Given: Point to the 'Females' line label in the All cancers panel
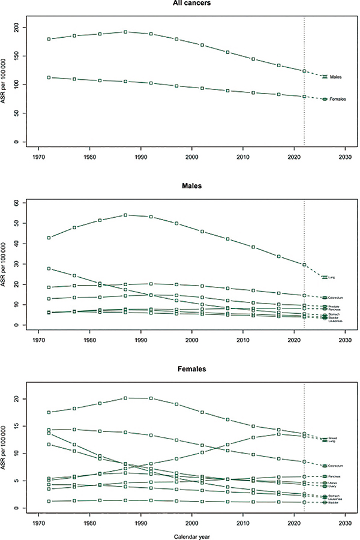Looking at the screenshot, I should click(x=338, y=99).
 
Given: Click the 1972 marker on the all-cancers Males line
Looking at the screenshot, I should click(x=40, y=39).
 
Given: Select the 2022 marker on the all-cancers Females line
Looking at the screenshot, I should click(x=304, y=97).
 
